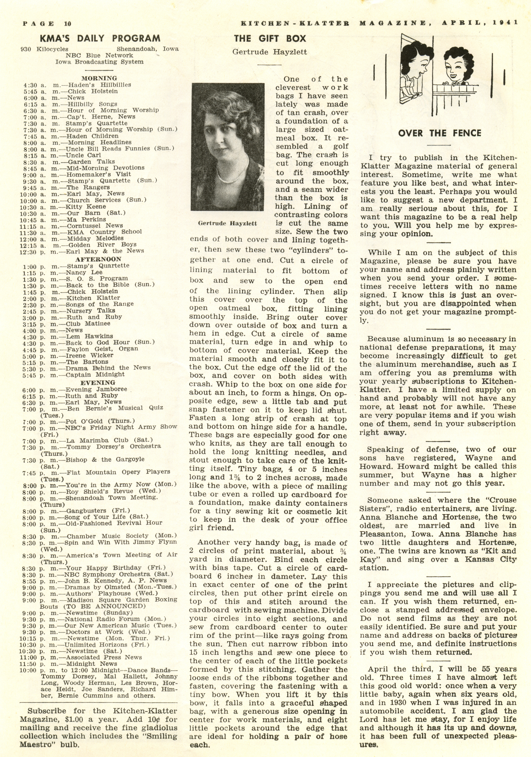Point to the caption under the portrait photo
coord(227,223)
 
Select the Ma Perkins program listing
coord(86,219)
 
